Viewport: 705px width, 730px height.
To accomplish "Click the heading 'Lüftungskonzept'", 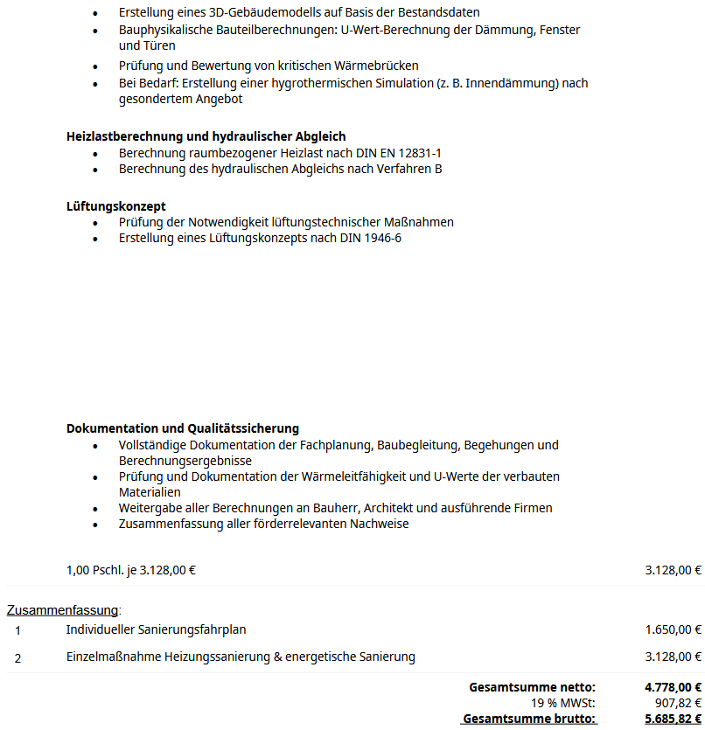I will (x=115, y=206).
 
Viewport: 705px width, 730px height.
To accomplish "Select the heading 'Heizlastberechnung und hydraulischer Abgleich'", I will (x=206, y=136).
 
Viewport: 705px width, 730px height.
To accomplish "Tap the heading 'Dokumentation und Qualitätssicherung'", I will (x=182, y=428).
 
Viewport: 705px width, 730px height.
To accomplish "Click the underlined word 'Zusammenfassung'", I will (x=62, y=609).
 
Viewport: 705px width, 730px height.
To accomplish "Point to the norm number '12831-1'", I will (x=420, y=153).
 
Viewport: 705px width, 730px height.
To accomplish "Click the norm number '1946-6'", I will (x=382, y=238).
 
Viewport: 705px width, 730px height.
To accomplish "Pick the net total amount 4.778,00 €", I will (x=673, y=687).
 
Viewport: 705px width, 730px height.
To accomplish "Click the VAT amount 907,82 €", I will (x=678, y=702).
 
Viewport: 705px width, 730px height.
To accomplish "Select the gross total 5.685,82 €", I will (x=673, y=719).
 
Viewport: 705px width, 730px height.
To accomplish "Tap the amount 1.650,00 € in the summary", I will (x=673, y=629).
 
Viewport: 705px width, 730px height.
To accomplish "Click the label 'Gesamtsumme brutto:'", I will (x=529, y=719).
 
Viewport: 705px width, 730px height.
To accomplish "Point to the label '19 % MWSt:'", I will (x=562, y=702).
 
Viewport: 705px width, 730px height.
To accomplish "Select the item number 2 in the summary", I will (x=17, y=657).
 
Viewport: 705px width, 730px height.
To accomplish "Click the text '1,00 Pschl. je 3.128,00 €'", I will (x=131, y=570).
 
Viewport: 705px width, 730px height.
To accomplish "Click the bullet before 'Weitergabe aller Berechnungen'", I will (x=96, y=509).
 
